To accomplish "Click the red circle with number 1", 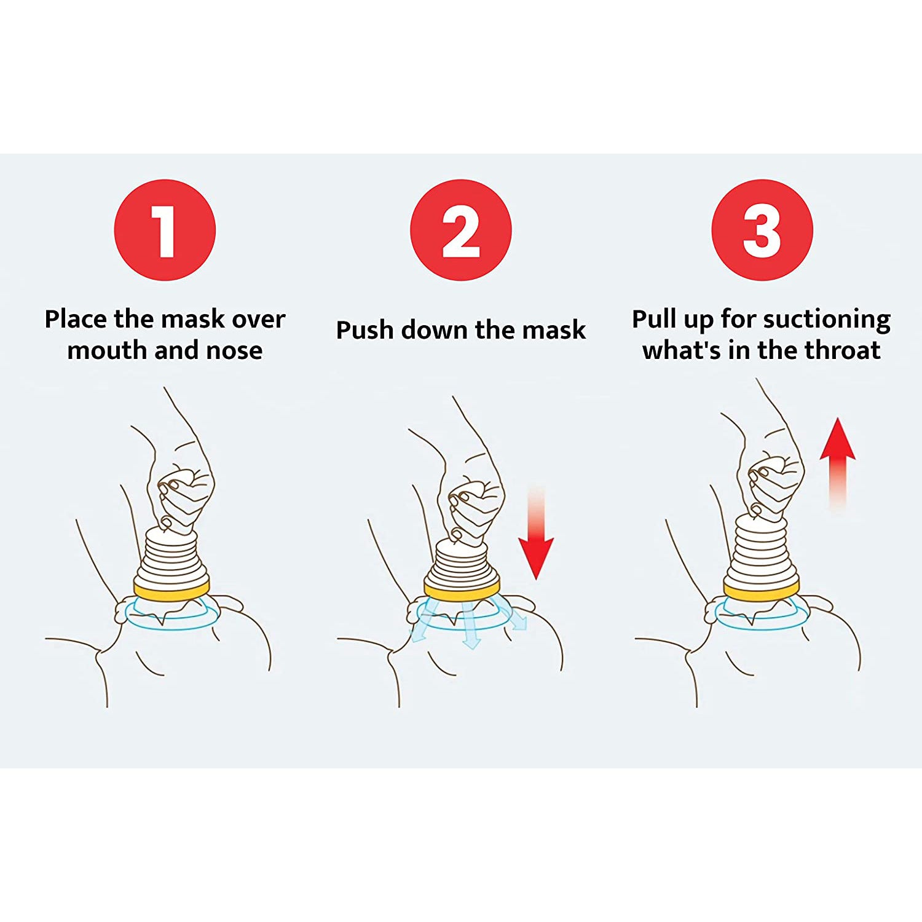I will coord(165,230).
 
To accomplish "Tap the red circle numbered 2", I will coord(460,230).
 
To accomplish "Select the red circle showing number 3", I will coord(762,230).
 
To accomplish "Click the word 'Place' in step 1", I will coord(76,320).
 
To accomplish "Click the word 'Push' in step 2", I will coord(364,330).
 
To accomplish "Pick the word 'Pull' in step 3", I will coord(655,320).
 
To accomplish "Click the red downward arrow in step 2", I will coord(536,541).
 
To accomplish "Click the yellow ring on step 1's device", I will coord(171,591).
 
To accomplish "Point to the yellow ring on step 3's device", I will coord(761,592).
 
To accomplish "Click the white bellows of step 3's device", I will coord(762,550).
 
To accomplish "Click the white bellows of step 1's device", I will coord(172,556).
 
